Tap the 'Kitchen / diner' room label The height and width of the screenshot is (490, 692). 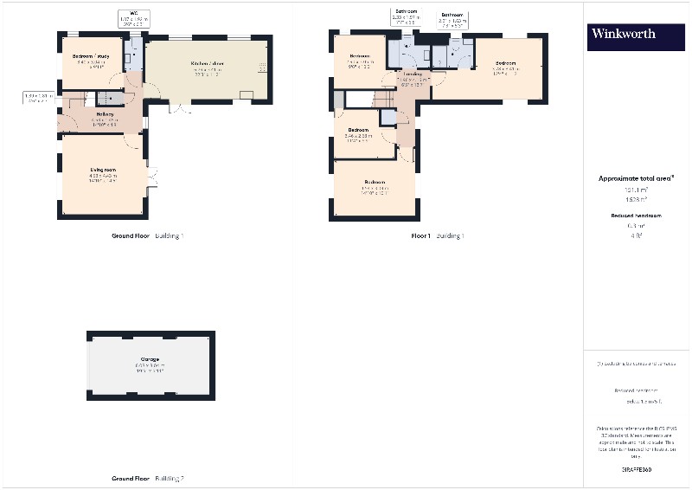click(x=206, y=63)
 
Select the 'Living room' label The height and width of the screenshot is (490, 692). click(x=103, y=170)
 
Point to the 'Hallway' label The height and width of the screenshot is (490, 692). click(x=106, y=114)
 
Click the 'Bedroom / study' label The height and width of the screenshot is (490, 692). click(x=90, y=57)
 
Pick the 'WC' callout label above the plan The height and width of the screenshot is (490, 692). click(x=134, y=13)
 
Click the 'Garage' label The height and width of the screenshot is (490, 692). click(x=150, y=359)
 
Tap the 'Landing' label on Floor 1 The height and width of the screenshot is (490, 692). click(x=413, y=74)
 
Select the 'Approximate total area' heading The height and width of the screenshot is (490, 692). click(x=636, y=178)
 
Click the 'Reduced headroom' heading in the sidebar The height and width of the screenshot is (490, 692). click(x=636, y=216)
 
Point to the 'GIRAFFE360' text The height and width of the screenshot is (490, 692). click(x=636, y=469)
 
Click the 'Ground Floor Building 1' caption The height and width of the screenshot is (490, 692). click(x=147, y=235)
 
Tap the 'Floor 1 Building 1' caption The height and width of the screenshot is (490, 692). click(x=437, y=235)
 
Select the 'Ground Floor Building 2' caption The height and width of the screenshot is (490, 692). click(x=147, y=478)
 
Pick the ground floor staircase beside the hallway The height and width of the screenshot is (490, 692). click(x=110, y=99)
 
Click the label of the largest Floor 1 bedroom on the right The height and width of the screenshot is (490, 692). click(x=506, y=63)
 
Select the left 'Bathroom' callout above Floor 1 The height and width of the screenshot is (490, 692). click(x=406, y=13)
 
